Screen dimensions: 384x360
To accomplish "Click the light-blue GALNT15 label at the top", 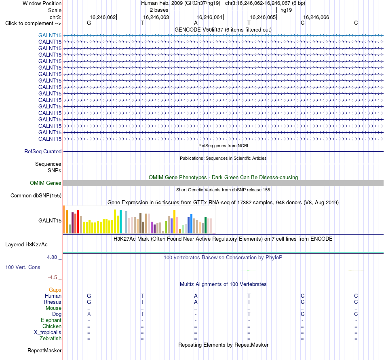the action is click(x=50, y=35).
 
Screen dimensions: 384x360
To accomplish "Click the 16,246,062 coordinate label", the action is click(x=103, y=17).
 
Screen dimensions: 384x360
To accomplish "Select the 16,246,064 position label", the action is click(x=209, y=17).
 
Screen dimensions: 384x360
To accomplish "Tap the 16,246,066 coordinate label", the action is click(x=316, y=17).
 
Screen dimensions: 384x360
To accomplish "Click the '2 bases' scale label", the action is click(x=159, y=10).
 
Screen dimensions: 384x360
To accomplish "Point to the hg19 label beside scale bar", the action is click(x=286, y=10).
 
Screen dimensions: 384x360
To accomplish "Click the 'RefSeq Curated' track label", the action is click(x=43, y=151).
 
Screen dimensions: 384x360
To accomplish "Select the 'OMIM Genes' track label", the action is click(x=46, y=183).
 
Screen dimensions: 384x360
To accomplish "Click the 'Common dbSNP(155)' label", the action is click(x=36, y=195).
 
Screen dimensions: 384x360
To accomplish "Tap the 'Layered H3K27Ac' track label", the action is click(x=26, y=245).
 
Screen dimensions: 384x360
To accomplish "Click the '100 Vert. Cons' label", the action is click(x=23, y=267).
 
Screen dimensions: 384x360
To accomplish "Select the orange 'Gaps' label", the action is click(x=55, y=290).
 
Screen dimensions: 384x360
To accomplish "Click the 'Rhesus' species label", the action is click(x=53, y=302).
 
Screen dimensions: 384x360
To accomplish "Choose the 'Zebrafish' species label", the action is click(x=51, y=339).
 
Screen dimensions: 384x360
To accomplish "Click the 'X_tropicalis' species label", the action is click(x=48, y=332).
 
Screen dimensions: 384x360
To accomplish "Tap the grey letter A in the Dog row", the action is click(x=89, y=314).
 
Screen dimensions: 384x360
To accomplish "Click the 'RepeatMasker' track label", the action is click(x=44, y=351).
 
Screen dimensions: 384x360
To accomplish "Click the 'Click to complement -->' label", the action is click(x=33, y=23).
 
